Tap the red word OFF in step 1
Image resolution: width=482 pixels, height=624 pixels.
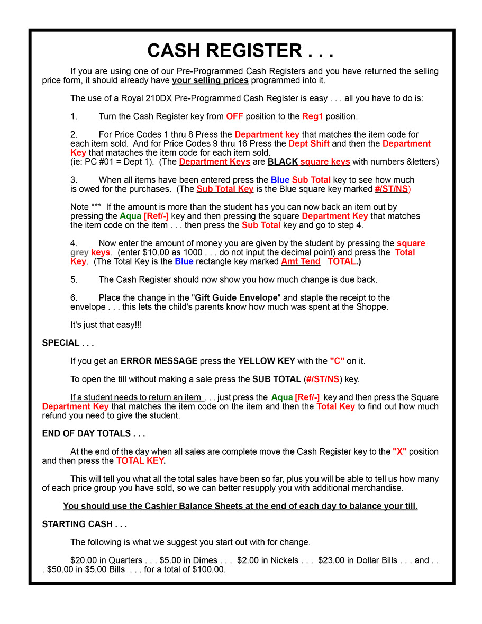pos(234,116)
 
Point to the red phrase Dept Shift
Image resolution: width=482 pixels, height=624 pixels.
pos(308,144)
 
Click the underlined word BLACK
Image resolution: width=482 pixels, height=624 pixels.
pos(283,162)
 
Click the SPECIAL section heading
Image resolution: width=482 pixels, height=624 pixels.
pos(68,343)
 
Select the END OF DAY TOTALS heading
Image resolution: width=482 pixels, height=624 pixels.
pos(94,433)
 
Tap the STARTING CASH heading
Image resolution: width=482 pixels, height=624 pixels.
pos(85,524)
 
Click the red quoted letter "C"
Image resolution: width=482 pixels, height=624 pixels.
pos(337,361)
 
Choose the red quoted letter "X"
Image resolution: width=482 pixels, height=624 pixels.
pos(399,452)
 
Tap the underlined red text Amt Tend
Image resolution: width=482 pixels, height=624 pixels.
pos(301,261)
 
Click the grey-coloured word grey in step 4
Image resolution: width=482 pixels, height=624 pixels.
pos(79,252)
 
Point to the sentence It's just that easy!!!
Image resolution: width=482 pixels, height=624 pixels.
pos(106,325)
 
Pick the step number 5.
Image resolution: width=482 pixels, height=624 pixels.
pos(74,279)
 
